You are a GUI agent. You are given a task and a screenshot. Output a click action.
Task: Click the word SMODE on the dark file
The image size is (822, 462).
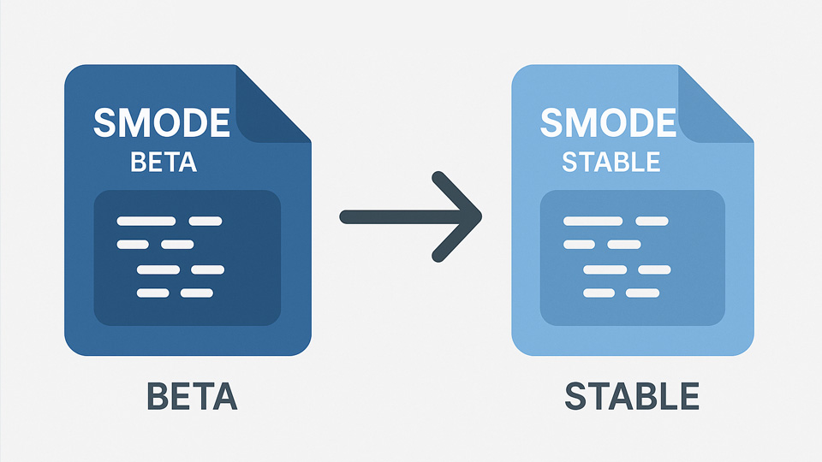tap(161, 123)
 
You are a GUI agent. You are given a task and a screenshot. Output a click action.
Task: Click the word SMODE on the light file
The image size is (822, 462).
tap(608, 123)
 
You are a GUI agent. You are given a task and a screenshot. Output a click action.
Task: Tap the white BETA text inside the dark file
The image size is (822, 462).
tap(163, 163)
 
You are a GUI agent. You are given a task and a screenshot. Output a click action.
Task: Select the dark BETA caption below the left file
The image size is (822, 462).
tap(192, 398)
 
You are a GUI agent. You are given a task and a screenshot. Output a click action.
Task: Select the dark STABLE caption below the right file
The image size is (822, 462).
tap(632, 398)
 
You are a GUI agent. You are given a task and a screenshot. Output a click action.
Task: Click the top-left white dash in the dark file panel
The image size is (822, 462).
tap(146, 222)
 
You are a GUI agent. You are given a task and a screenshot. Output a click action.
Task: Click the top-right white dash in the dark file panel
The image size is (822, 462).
tap(205, 222)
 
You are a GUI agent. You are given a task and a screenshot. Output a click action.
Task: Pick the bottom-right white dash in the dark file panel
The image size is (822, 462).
tap(197, 293)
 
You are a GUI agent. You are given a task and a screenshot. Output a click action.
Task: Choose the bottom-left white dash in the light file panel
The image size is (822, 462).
tap(599, 293)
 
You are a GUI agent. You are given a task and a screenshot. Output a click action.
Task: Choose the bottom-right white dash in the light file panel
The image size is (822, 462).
tap(643, 293)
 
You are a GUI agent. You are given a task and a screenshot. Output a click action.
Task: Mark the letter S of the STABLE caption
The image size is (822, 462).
tap(575, 398)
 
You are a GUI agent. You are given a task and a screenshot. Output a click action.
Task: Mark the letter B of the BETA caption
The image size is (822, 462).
tap(158, 398)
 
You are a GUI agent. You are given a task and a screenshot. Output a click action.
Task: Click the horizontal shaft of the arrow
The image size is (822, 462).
tap(394, 216)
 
